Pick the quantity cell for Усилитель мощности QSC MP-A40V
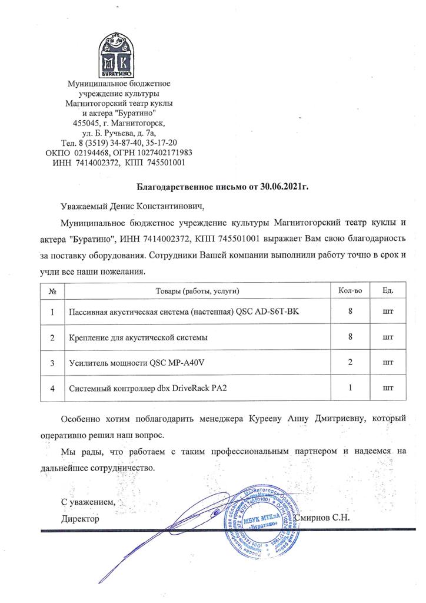(350, 363)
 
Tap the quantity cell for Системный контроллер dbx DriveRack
(350, 388)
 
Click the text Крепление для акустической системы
(138, 338)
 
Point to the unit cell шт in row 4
(388, 389)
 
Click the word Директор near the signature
(81, 519)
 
